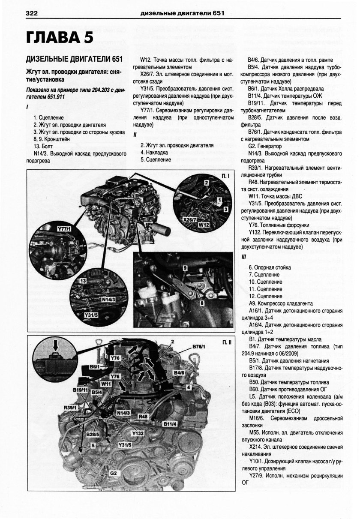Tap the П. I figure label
[225, 176]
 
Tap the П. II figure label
[226, 342]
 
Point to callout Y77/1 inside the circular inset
[64, 230]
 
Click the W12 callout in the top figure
[204, 224]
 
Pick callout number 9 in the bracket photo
[185, 267]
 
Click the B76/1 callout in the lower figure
[199, 346]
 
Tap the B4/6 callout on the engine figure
[179, 373]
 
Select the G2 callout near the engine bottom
[113, 473]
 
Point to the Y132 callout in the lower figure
[138, 433]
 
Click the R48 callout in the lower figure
[143, 416]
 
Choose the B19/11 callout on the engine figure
[80, 390]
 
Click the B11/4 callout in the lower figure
[170, 424]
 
